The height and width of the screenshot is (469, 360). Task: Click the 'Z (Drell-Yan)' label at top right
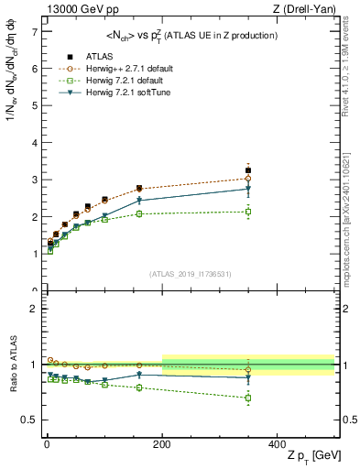click(304, 8)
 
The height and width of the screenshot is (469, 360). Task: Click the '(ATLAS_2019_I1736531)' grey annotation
click(188, 274)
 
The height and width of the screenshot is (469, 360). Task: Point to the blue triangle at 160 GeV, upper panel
click(139, 200)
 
